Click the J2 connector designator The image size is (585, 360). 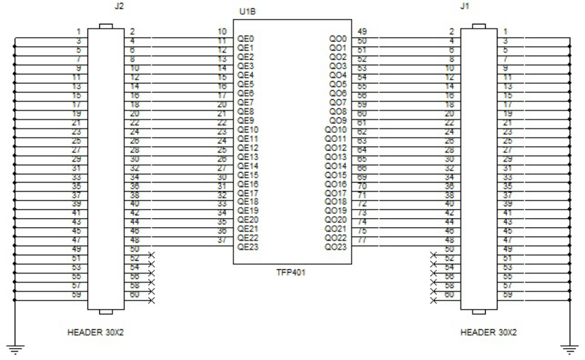tap(107, 6)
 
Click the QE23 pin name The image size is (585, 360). tap(247, 246)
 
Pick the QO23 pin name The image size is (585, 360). tap(336, 246)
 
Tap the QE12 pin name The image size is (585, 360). tap(247, 147)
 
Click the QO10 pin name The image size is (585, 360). tap(336, 129)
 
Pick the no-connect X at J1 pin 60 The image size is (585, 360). tap(434, 299)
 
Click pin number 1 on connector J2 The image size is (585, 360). tap(80, 32)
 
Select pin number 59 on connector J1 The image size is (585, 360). tap(508, 296)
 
